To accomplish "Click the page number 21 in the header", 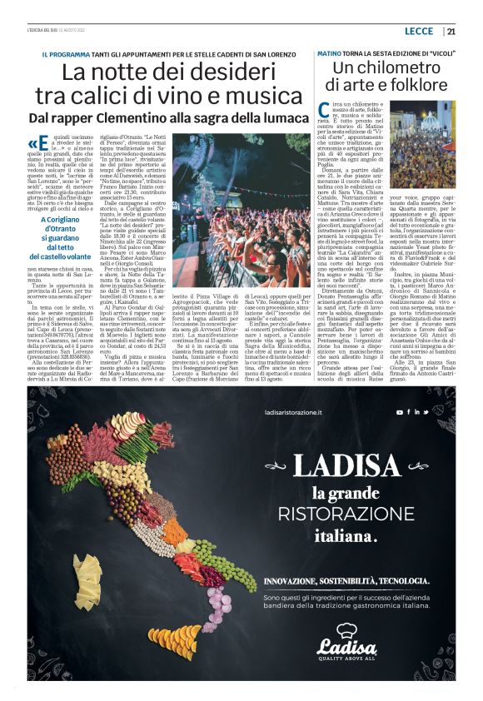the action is pyautogui.click(x=451, y=32).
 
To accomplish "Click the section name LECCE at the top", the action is pyautogui.click(x=418, y=32).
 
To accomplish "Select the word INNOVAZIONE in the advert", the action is pyautogui.click(x=293, y=579).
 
